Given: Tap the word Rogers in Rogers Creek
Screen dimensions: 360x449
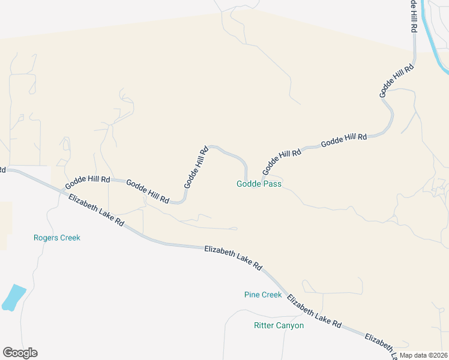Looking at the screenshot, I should pos(45,238).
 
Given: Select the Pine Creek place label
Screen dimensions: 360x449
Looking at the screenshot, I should pos(263,295).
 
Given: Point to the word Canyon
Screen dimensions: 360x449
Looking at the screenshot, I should pos(289,326).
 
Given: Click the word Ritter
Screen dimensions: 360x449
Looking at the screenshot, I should pos(264,326).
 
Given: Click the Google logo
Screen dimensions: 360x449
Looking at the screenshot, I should pos(20,353).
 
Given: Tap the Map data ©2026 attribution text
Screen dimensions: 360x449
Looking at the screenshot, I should pos(423,355).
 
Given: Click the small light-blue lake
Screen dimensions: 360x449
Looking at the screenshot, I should pos(14,298).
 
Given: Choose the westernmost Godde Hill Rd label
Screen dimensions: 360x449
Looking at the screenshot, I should pos(88,179).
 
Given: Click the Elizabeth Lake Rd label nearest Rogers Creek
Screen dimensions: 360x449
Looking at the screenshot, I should pos(96,210).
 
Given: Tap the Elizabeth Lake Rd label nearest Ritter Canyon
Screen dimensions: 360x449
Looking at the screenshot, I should pos(314,311).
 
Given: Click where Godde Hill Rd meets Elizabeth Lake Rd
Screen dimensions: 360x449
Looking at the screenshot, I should pos(58,186).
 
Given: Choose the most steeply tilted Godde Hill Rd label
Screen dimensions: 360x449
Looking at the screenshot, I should pos(196,167).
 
